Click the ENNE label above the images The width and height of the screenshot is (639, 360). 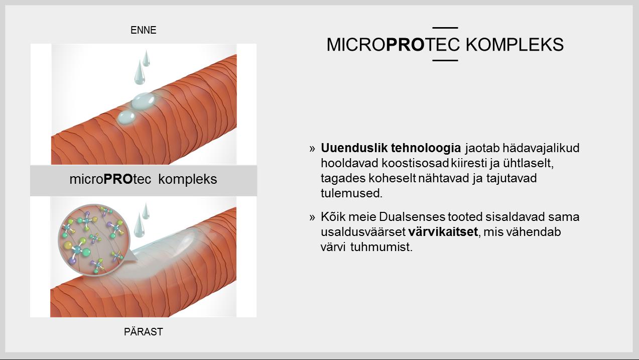click(143, 30)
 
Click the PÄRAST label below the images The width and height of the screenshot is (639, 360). click(143, 332)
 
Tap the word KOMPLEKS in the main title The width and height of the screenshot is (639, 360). click(515, 45)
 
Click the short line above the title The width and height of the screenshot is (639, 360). click(445, 28)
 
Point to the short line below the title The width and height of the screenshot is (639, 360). click(445, 60)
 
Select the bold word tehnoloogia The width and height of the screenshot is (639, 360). click(426, 148)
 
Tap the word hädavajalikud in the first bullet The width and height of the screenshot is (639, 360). click(541, 148)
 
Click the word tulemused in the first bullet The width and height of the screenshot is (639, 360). click(351, 193)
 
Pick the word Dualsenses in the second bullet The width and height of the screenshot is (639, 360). click(412, 217)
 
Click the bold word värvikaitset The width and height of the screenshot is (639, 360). click(443, 231)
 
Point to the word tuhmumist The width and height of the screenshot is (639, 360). click(381, 247)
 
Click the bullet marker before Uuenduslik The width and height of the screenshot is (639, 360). click(312, 148)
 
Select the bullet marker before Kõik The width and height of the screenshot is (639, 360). click(312, 217)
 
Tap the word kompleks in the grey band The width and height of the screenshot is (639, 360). click(187, 179)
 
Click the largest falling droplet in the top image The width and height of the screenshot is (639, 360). click(140, 72)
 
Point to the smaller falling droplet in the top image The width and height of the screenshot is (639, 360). click(147, 58)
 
